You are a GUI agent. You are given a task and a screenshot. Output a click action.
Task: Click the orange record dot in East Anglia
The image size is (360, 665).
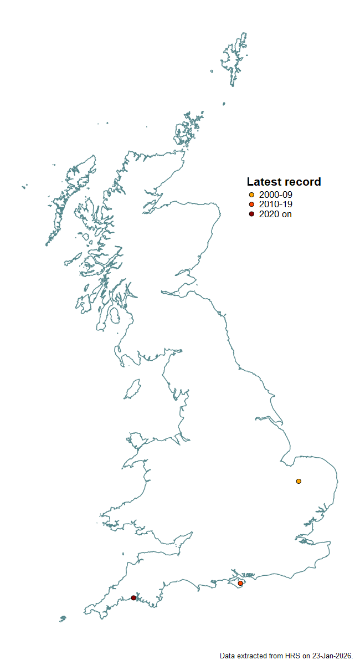pyautogui.click(x=299, y=481)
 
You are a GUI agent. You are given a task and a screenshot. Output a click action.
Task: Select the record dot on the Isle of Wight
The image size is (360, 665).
pyautogui.click(x=240, y=583)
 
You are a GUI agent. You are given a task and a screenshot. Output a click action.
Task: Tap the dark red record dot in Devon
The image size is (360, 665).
pyautogui.click(x=133, y=597)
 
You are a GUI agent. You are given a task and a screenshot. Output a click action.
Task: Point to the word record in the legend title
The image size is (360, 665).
pyautogui.click(x=302, y=182)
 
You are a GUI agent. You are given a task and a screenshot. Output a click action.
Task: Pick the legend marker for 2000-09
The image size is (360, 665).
pyautogui.click(x=251, y=195)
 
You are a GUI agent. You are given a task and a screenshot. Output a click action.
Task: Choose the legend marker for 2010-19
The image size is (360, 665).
pyautogui.click(x=251, y=204)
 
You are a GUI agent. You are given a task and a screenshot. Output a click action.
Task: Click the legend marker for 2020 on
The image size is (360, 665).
pyautogui.click(x=251, y=214)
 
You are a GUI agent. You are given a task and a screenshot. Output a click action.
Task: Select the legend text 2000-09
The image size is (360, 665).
pyautogui.click(x=275, y=195)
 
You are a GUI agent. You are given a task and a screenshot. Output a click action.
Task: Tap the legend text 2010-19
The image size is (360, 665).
pyautogui.click(x=275, y=204)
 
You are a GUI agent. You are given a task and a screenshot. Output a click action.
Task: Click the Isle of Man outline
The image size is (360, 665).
pyautogui.click(x=132, y=390)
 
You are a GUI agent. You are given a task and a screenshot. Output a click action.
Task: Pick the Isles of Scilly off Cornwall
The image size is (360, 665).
pyautogui.click(x=63, y=618)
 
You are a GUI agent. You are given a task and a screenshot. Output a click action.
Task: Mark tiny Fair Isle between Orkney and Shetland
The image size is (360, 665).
pyautogui.click(x=224, y=103)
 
